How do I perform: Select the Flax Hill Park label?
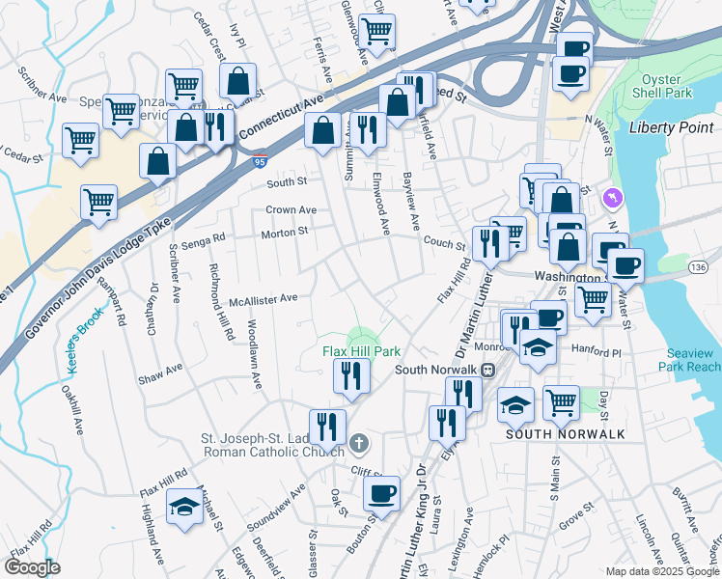click(x=360, y=352)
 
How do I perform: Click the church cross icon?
click(x=358, y=443)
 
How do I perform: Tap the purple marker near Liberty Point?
click(x=610, y=198)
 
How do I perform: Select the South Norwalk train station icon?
click(x=488, y=369)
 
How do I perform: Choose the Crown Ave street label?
click(x=292, y=209)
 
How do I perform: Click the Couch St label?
click(x=444, y=245)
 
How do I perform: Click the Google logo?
click(x=34, y=567)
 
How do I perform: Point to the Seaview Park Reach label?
click(x=689, y=360)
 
